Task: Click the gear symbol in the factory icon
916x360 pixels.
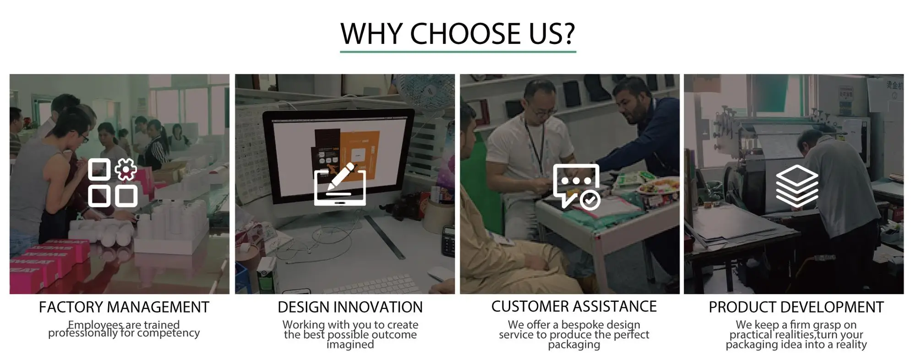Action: pyautogui.click(x=125, y=169)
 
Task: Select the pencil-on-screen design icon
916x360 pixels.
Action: pyautogui.click(x=340, y=184)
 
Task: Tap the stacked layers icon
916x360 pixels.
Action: pyautogui.click(x=797, y=185)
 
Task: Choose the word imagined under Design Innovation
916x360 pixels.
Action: pyautogui.click(x=350, y=344)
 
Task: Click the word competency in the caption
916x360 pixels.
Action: pyautogui.click(x=169, y=333)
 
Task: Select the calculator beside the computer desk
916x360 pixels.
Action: pyautogui.click(x=448, y=240)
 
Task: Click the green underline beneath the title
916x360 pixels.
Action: pyautogui.click(x=458, y=52)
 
